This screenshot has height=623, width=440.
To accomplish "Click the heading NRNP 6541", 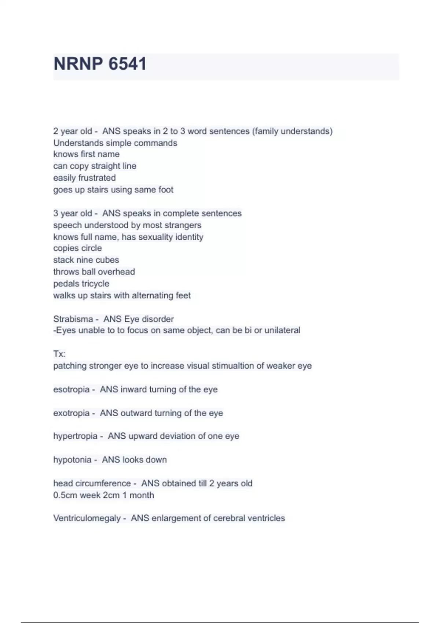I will coord(100,64).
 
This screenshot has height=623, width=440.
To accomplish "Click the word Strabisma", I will coord(73,319).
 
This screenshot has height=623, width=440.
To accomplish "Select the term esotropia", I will coord(71,389).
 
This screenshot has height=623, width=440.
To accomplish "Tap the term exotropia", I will coord(71,413).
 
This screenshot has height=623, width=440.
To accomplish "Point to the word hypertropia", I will coord(75,436).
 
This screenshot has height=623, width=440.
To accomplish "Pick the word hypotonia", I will coord(72,460).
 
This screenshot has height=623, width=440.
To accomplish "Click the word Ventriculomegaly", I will coord(87,518).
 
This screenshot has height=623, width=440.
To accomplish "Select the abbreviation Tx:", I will coord(59,354).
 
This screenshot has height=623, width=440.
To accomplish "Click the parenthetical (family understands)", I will coord(292,131).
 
